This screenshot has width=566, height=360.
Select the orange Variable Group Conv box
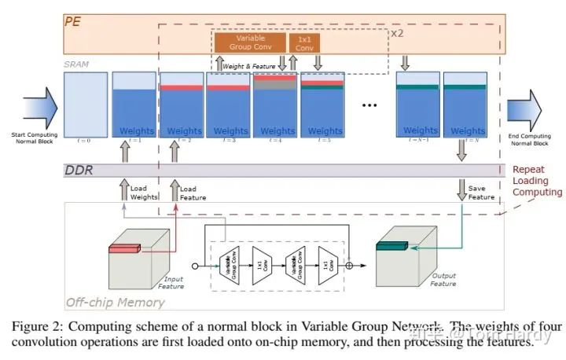point(250,42)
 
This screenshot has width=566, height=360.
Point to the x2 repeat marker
point(398,34)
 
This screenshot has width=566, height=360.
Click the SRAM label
point(75,64)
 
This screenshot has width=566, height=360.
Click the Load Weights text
point(145,193)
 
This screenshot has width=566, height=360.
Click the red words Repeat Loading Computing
point(538,180)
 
